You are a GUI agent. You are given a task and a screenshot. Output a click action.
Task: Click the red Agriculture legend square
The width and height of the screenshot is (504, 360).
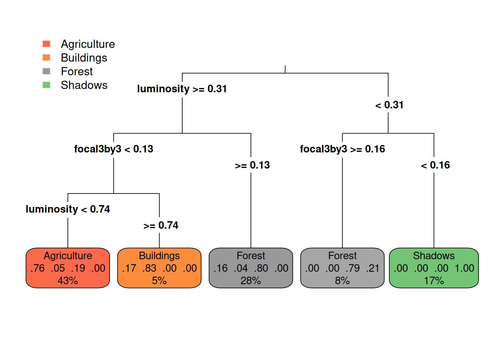[x=46, y=43]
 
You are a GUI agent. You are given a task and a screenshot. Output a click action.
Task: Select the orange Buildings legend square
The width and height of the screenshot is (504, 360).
[x=46, y=57]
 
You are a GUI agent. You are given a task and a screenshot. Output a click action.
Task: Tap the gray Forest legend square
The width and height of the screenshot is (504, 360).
[x=46, y=71]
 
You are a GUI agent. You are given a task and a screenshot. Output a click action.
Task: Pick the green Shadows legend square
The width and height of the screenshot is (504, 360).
[x=46, y=85]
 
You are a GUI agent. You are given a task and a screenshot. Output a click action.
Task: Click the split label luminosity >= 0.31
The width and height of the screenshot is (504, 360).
[x=182, y=89]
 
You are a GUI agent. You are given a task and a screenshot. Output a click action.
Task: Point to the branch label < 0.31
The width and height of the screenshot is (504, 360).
[x=389, y=105]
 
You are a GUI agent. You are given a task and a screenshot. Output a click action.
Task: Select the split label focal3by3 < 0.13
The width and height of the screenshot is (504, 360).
[x=114, y=149]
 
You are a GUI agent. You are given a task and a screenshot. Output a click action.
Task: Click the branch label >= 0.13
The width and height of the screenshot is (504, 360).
[x=252, y=165]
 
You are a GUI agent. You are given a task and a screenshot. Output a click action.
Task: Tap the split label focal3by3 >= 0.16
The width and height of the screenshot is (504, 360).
[x=342, y=149]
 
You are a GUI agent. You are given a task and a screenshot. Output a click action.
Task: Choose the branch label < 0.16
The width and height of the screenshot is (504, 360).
[x=435, y=165]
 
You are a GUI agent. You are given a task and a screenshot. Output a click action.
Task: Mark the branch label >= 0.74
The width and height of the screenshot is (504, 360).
[x=160, y=225]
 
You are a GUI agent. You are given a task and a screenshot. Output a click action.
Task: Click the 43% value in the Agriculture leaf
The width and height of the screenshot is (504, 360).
[x=68, y=281]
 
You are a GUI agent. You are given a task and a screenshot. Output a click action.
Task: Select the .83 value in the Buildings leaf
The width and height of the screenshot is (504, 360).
[x=149, y=268]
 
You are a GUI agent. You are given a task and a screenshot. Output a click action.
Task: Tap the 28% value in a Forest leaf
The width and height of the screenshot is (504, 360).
[x=250, y=281]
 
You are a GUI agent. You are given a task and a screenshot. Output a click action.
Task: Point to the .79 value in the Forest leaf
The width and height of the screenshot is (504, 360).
[x=352, y=268]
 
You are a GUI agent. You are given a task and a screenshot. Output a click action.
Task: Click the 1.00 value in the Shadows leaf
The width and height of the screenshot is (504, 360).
[x=464, y=268]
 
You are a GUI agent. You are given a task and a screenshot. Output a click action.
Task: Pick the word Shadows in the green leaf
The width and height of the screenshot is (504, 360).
[x=434, y=256]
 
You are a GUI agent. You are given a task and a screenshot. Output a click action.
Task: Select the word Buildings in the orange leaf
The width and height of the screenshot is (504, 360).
[x=159, y=256]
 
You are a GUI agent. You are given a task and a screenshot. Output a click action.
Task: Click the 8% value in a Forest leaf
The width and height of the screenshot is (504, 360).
[x=342, y=281]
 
